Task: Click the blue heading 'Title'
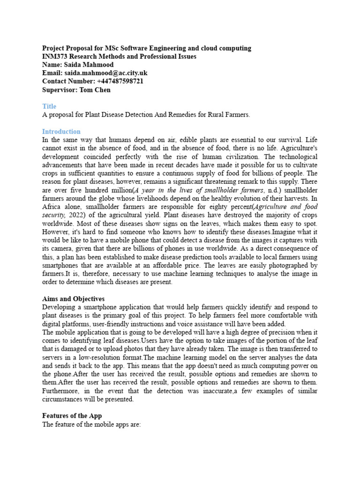pyautogui.click(x=49, y=107)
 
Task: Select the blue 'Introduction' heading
pyautogui.click(x=61, y=132)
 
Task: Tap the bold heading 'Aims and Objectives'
pyautogui.click(x=73, y=299)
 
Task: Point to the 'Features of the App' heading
pyautogui.click(x=72, y=416)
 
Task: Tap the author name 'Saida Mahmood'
pyautogui.click(x=85, y=65)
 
